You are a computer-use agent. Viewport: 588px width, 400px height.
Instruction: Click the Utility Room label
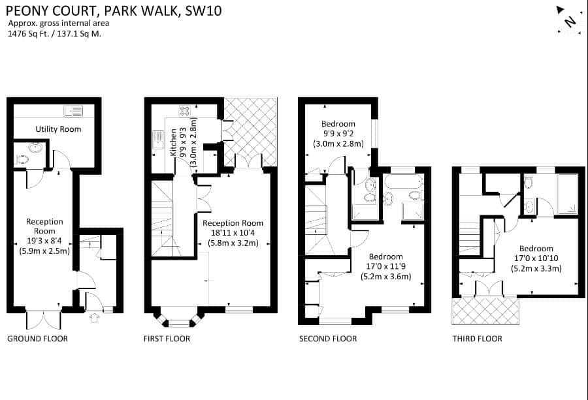(x=58, y=129)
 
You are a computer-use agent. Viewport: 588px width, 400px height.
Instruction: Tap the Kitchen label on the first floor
(x=173, y=143)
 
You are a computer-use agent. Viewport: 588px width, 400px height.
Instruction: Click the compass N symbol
(x=570, y=21)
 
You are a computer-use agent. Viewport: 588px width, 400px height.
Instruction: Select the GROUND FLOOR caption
(x=37, y=339)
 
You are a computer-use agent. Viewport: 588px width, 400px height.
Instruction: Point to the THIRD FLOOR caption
(x=477, y=339)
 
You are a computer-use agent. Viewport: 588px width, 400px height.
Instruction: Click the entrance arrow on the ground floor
(x=94, y=318)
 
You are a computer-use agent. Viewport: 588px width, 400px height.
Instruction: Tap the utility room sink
(x=73, y=111)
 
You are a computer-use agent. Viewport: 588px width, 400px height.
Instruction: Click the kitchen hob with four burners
(x=184, y=111)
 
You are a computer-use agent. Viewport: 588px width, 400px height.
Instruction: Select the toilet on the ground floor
(x=22, y=160)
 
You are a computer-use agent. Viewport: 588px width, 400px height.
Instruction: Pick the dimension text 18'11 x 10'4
(x=233, y=232)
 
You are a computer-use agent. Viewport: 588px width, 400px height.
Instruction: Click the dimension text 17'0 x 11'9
(x=386, y=266)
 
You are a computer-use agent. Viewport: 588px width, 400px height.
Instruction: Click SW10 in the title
(x=204, y=10)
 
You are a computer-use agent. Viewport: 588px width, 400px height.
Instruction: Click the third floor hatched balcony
(x=485, y=311)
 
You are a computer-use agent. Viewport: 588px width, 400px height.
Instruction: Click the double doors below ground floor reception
(x=44, y=321)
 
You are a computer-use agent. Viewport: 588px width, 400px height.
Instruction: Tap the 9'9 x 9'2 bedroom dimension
(x=338, y=133)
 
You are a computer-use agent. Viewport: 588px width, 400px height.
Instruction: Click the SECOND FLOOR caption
(x=328, y=339)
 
